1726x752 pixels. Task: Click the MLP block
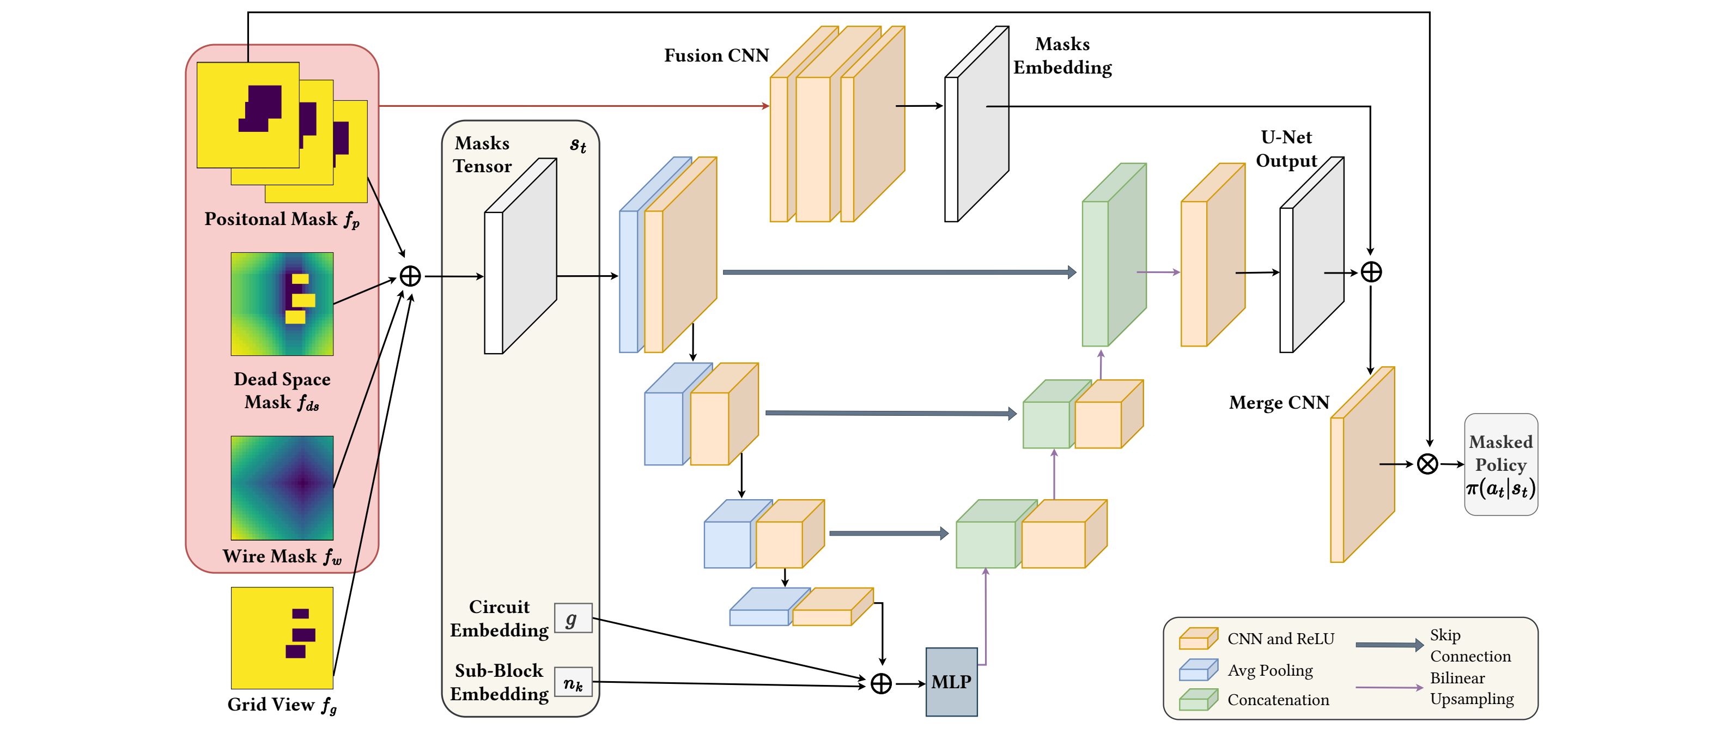click(x=951, y=682)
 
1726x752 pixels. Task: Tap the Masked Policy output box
click(x=1500, y=464)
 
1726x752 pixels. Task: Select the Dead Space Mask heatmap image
click(x=282, y=304)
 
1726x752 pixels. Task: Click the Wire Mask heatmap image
click(x=282, y=488)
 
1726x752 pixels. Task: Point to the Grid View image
click(x=282, y=638)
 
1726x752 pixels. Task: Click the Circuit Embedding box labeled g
click(x=573, y=618)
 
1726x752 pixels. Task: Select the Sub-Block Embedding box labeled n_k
click(x=573, y=682)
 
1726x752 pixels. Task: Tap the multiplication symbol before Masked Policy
click(x=1427, y=464)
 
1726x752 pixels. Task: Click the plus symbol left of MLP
click(x=881, y=684)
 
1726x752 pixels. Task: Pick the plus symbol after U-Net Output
click(x=1371, y=272)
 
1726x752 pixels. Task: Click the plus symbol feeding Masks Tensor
click(x=410, y=276)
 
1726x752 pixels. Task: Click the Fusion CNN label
click(x=716, y=56)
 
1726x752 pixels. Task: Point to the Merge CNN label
click(x=1278, y=403)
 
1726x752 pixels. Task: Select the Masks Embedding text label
click(x=1062, y=56)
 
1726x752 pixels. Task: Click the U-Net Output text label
click(x=1286, y=149)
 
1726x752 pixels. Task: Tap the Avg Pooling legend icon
click(x=1198, y=670)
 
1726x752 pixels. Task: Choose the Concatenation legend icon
click(x=1198, y=700)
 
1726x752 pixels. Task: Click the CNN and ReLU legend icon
click(x=1198, y=639)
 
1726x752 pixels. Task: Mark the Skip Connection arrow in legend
click(x=1389, y=645)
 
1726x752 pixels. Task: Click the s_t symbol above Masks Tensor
click(x=578, y=145)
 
